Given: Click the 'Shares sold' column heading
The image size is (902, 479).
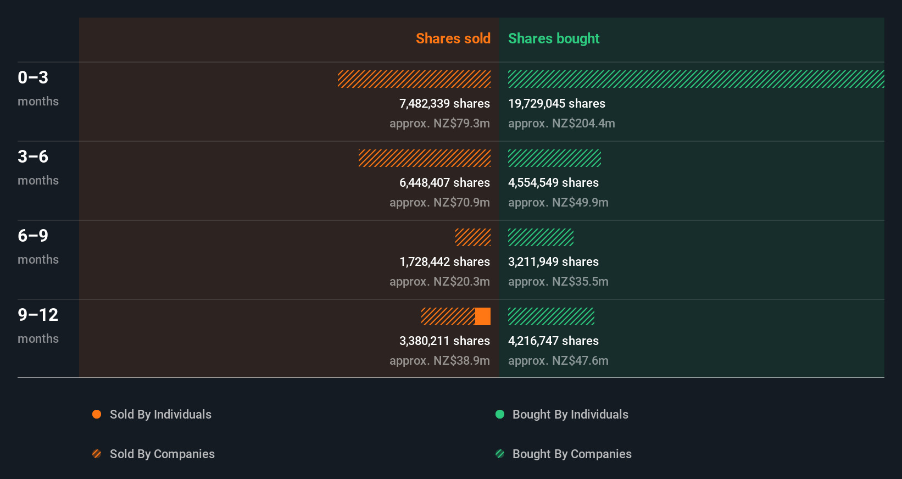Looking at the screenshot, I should click(453, 38).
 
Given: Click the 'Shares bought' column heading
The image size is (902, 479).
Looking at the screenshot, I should click(553, 38).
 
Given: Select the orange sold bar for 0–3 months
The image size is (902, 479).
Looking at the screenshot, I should click(414, 79).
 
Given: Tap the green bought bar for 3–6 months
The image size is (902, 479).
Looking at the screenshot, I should click(554, 158).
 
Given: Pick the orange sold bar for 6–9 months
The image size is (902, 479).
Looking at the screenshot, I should click(473, 237).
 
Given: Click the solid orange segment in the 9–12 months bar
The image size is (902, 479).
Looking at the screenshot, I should click(483, 316).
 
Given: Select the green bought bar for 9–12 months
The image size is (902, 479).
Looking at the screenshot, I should click(551, 316).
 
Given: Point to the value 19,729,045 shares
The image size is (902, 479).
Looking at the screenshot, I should click(556, 104).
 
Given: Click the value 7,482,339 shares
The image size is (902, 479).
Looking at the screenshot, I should click(444, 104).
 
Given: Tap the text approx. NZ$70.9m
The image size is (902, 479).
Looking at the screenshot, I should click(439, 203).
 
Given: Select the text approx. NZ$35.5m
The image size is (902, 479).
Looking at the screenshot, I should click(558, 282).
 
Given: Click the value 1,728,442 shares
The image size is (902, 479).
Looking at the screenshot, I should click(444, 262).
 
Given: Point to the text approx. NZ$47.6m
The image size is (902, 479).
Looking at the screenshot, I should click(558, 361).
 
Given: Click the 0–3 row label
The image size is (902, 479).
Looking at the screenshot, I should click(33, 78).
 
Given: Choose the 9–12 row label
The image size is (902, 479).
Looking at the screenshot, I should click(38, 315).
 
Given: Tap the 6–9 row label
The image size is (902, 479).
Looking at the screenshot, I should click(33, 236).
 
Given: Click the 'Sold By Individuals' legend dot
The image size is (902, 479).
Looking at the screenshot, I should click(97, 414).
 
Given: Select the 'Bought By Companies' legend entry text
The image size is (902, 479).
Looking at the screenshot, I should click(572, 454).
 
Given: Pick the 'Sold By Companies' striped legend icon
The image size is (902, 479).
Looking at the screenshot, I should click(97, 454).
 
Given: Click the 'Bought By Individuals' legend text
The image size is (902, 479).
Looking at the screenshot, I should click(570, 414).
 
